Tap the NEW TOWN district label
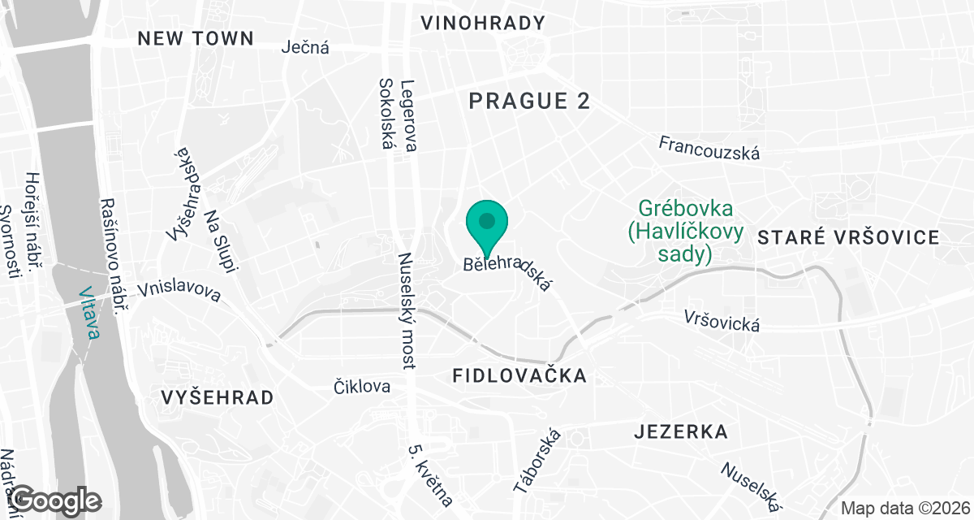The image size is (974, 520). pyautogui.click(x=196, y=38)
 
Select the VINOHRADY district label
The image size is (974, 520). pyautogui.click(x=483, y=24)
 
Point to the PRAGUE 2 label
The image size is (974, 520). pyautogui.click(x=529, y=102)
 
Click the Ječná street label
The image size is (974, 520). pyautogui.click(x=305, y=47)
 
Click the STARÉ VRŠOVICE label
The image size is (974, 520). pyautogui.click(x=848, y=238)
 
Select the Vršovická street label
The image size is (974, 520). pyautogui.click(x=722, y=320)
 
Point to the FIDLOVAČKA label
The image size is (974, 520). pyautogui.click(x=519, y=375)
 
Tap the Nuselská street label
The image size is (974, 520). pyautogui.click(x=751, y=485)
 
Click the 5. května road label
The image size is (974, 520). pyautogui.click(x=430, y=475)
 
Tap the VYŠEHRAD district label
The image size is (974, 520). pyautogui.click(x=217, y=398)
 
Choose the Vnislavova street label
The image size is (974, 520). pyautogui.click(x=179, y=291)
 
